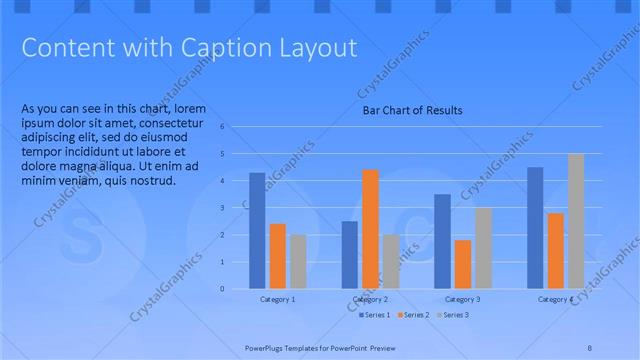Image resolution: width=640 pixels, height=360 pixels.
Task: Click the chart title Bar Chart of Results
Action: click(412, 110)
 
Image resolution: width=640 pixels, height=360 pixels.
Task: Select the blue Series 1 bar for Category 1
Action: click(257, 231)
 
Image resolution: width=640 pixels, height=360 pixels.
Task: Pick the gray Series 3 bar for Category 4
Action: click(575, 221)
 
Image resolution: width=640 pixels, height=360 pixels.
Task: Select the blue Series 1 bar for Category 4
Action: click(535, 228)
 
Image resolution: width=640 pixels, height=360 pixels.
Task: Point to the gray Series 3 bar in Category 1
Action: click(298, 262)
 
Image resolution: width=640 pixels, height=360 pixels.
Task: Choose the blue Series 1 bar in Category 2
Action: click(349, 255)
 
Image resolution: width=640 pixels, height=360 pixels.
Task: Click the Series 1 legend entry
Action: click(375, 315)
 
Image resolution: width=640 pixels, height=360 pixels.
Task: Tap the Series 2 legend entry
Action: click(416, 315)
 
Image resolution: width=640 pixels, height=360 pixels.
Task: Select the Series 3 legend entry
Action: click(455, 315)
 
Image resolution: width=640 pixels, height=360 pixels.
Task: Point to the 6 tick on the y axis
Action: click(237, 128)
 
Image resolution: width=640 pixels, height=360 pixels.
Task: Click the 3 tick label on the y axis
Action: click(237, 208)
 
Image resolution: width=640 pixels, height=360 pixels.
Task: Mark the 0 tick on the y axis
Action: click(237, 289)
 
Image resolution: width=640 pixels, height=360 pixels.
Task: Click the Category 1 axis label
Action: click(277, 300)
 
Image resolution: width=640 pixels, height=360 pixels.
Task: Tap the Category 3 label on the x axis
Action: click(462, 300)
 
